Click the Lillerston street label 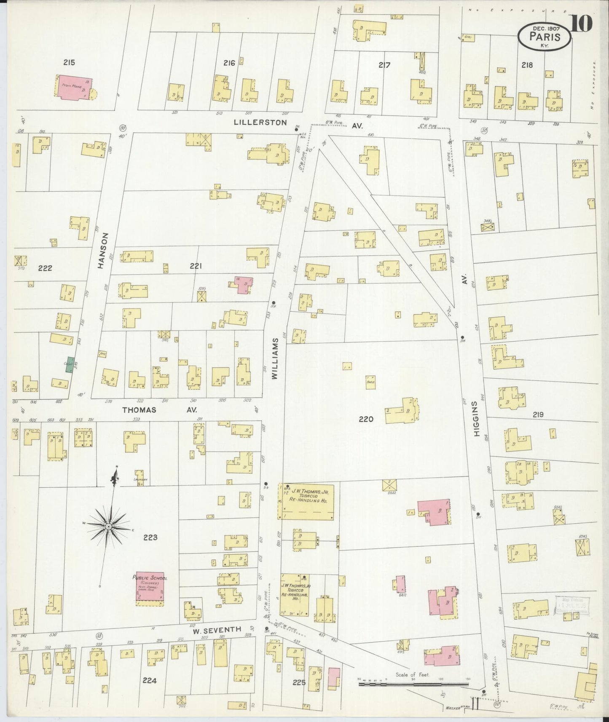point(260,123)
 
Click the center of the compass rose point(109,527)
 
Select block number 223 point(150,537)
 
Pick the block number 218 point(527,65)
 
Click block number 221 point(196,266)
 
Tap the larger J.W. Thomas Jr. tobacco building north point(306,501)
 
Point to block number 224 point(150,680)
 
